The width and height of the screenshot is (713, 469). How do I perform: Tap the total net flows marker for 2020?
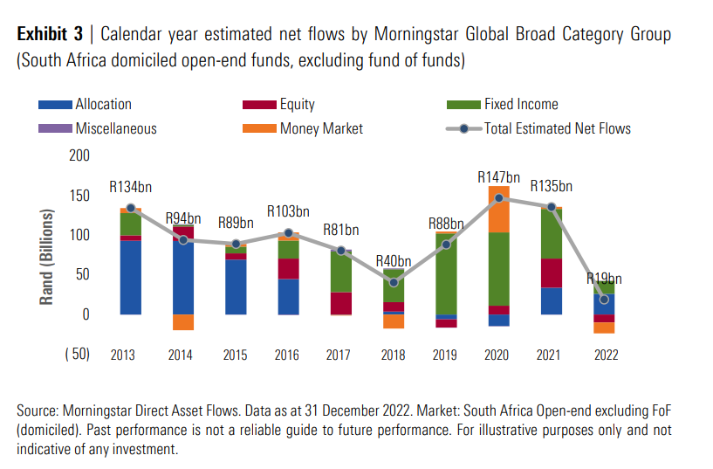499,198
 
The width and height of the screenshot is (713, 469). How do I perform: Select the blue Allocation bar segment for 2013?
130,277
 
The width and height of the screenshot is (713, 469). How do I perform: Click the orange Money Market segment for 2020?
499,210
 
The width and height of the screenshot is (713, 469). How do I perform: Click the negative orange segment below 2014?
183,322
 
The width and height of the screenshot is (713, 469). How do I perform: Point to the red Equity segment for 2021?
551,272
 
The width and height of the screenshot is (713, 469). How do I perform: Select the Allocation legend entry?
103,104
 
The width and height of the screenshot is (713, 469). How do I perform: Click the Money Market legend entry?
321,128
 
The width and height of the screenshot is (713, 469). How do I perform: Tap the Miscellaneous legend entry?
115,128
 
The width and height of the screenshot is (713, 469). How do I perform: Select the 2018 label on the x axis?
393,355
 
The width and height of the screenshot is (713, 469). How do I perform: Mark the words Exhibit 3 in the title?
50,35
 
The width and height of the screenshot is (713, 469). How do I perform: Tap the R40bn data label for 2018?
394,260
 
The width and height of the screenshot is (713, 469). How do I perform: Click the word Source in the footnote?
38,410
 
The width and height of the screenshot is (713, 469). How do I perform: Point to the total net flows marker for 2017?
340,251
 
